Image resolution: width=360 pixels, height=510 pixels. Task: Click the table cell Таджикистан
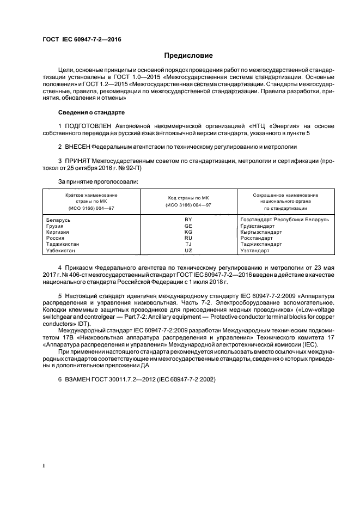click(63, 245)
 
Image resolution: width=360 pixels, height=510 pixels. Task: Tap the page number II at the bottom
click(45, 466)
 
